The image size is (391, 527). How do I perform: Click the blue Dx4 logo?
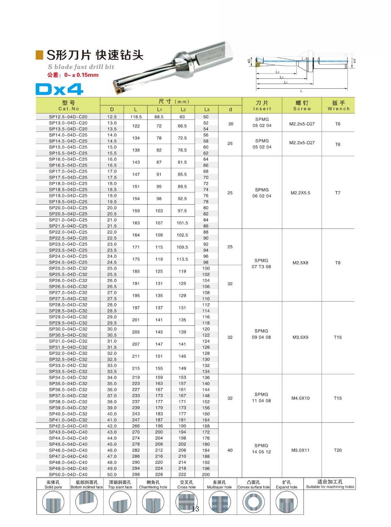pyautogui.click(x=59, y=89)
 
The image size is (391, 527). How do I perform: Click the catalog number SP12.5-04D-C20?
pyautogui.click(x=68, y=117)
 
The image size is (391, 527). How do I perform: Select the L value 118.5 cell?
pyautogui.click(x=136, y=117)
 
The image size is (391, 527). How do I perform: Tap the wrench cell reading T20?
pyautogui.click(x=338, y=450)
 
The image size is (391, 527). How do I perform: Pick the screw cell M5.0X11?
pyautogui.click(x=300, y=450)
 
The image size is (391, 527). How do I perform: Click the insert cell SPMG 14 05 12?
pyautogui.click(x=261, y=449)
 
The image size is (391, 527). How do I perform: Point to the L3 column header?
pyautogui.click(x=207, y=110)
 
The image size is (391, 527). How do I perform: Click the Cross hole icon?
pyautogui.click(x=186, y=502)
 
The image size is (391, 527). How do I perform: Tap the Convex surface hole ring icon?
pyautogui.click(x=253, y=502)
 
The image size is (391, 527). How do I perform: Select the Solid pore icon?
pyautogui.click(x=53, y=502)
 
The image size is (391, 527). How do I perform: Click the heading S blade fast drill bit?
pyautogui.click(x=81, y=67)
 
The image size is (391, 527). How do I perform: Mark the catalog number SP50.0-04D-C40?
pyautogui.click(x=68, y=475)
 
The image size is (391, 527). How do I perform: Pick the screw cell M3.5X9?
pyautogui.click(x=300, y=337)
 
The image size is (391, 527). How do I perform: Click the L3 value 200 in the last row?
pyautogui.click(x=206, y=475)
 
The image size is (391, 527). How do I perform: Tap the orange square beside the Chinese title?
pyautogui.click(x=40, y=55)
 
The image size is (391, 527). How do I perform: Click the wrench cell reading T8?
pyautogui.click(x=338, y=263)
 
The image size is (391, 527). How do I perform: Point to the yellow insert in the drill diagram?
pyautogui.click(x=258, y=65)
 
